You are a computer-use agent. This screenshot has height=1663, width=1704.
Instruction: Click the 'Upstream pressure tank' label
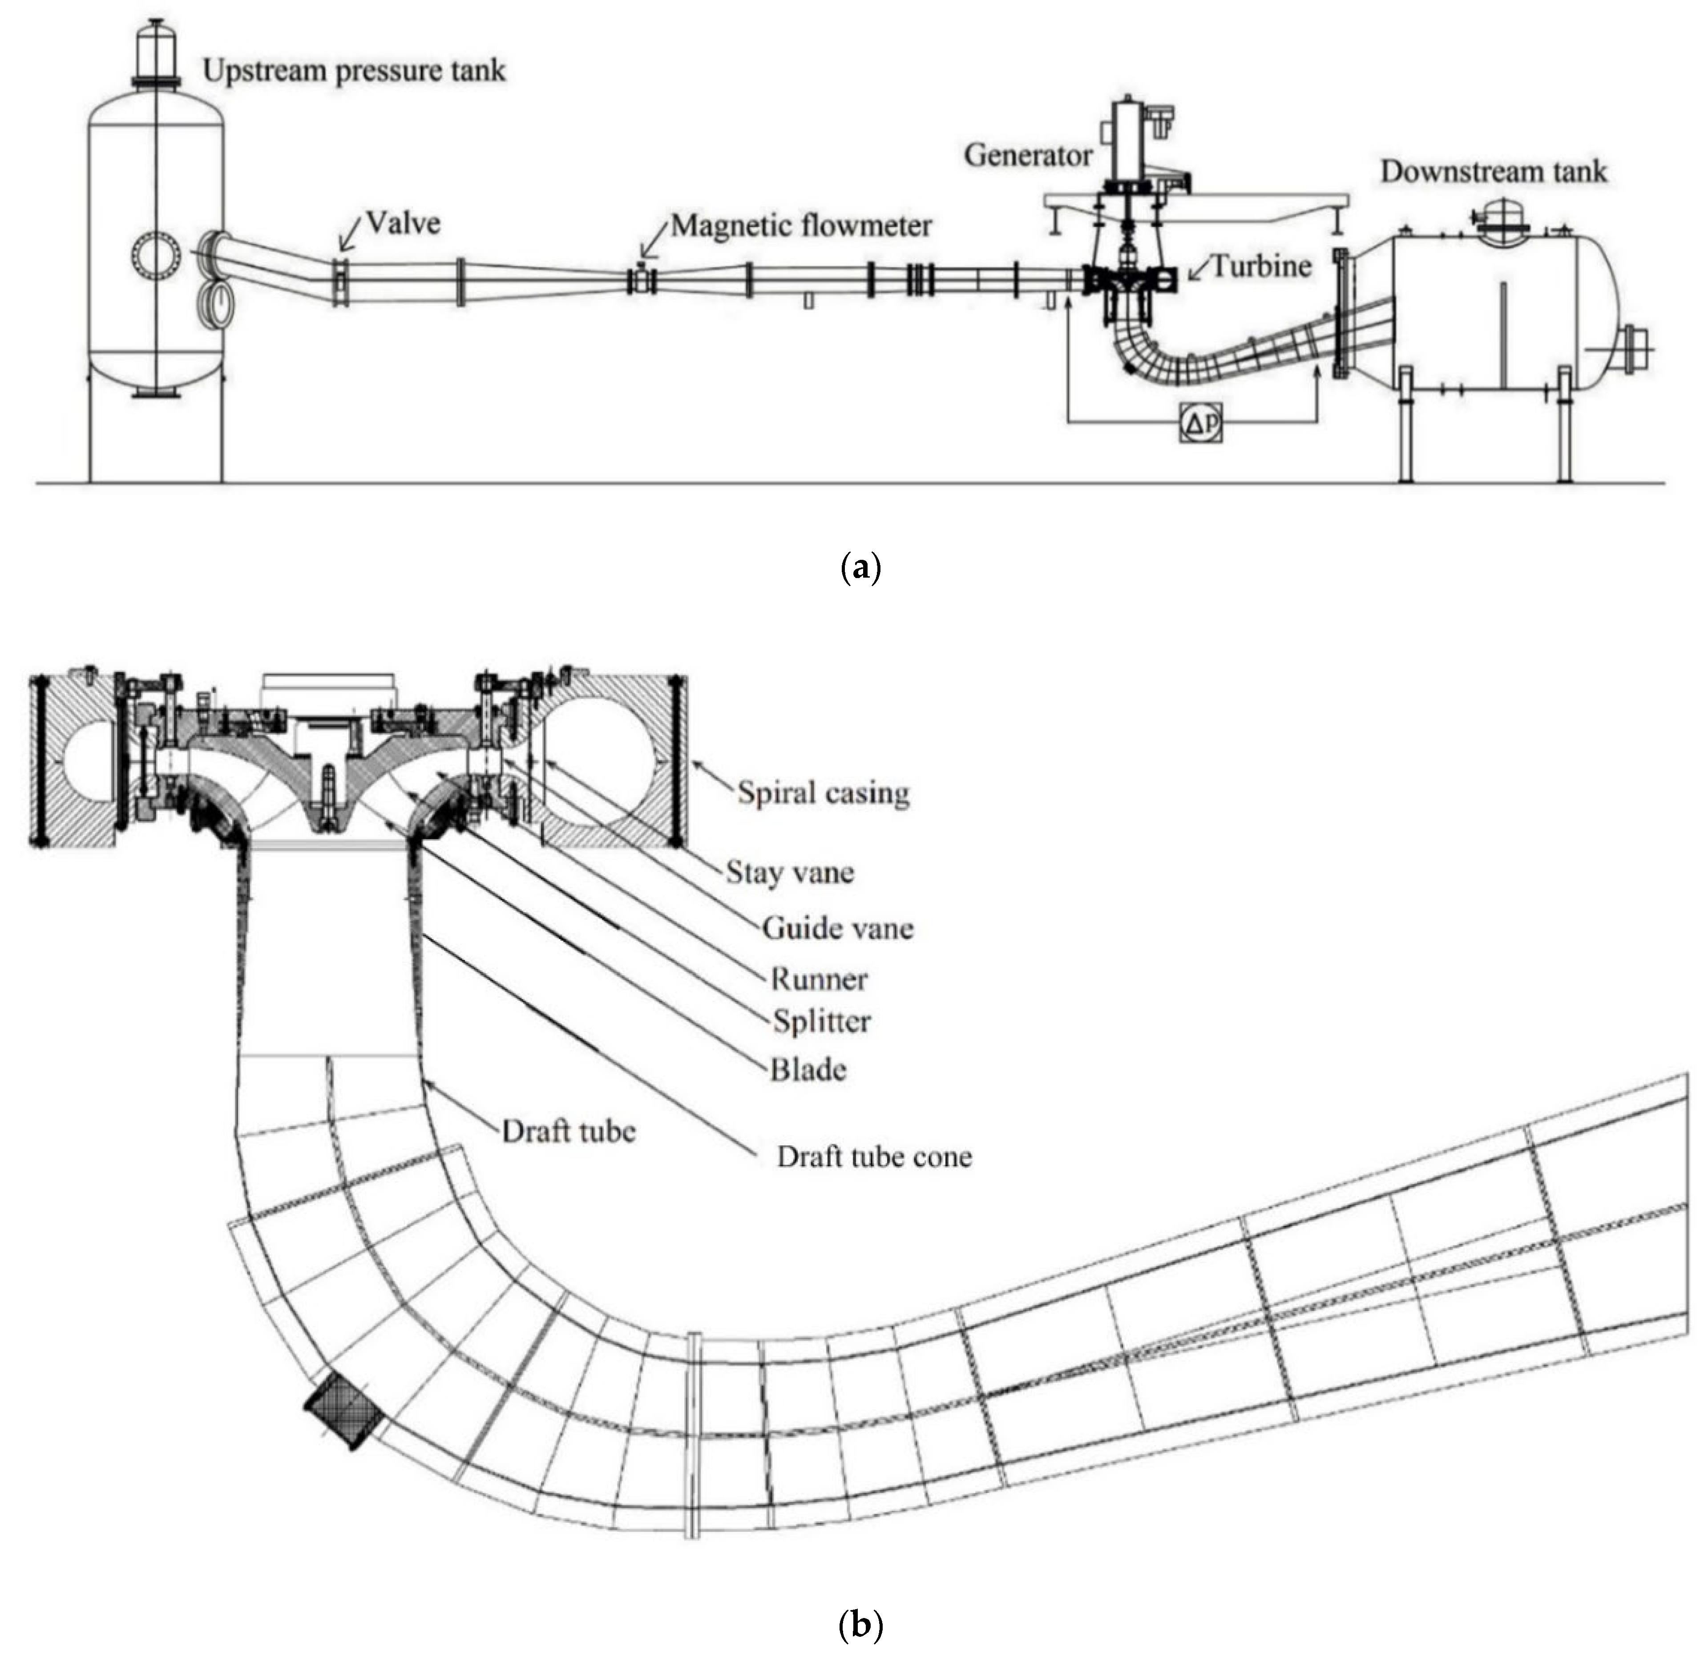click(354, 70)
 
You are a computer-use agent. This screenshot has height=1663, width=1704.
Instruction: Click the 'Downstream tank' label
click(1493, 172)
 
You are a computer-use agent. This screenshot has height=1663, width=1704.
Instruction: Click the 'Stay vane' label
click(790, 872)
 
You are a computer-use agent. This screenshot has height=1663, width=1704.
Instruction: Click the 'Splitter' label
click(821, 1021)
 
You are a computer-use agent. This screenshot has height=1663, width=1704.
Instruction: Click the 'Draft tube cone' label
click(873, 1157)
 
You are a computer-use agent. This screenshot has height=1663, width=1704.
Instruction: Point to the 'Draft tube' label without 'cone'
click(568, 1132)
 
